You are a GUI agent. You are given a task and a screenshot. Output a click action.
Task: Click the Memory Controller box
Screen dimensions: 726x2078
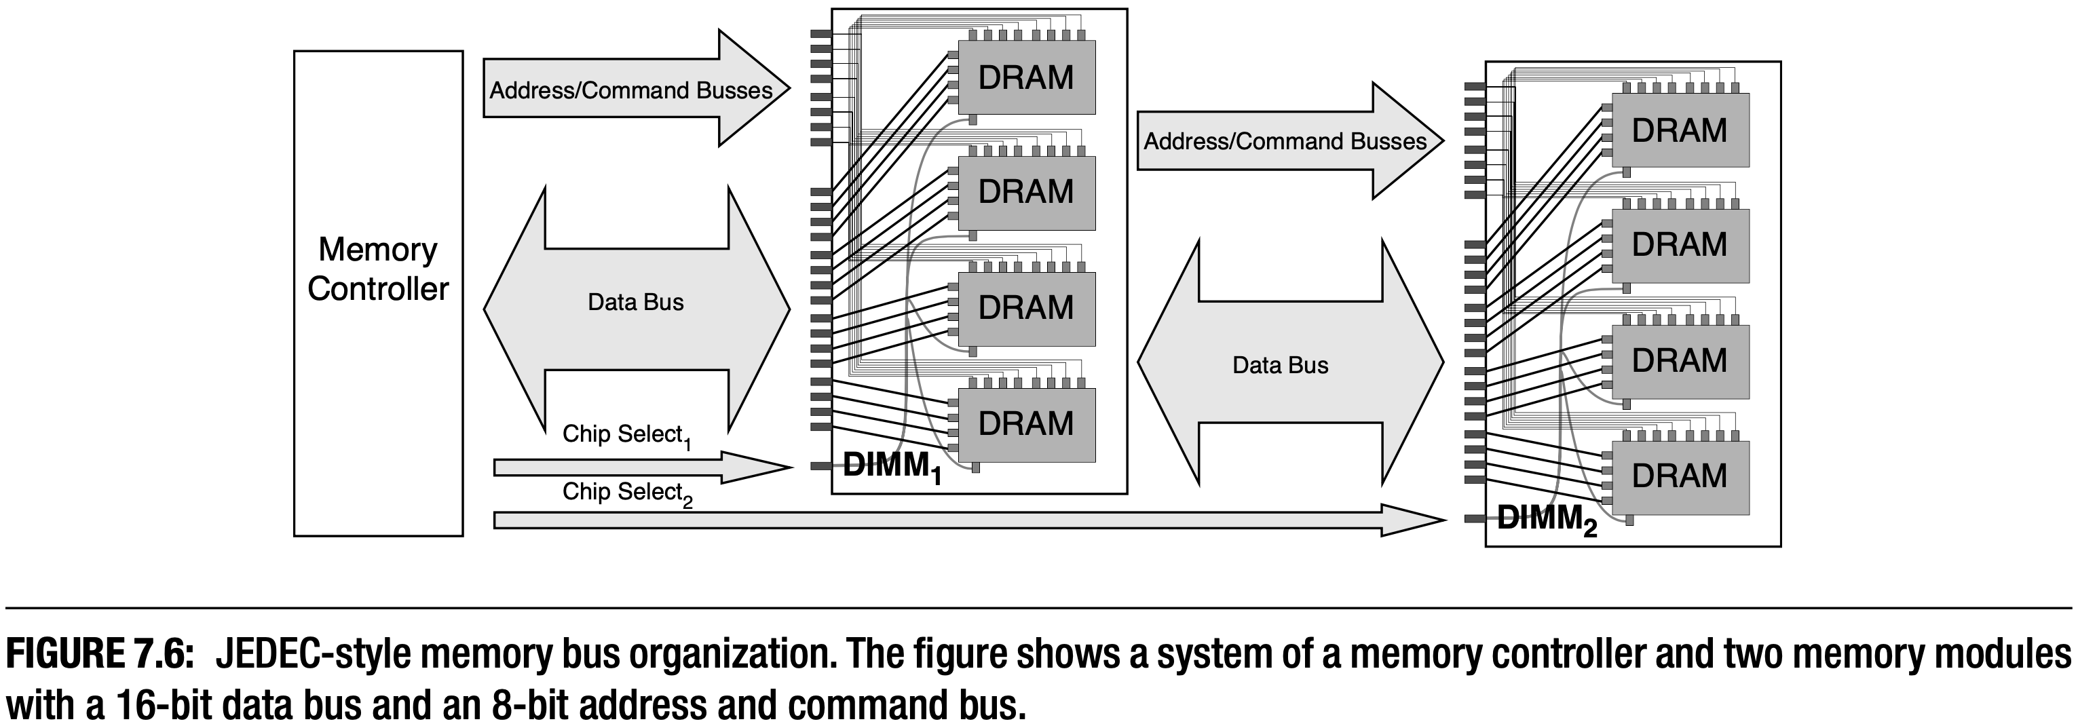coord(377,293)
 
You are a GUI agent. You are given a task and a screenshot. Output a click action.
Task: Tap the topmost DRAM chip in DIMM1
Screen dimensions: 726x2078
coord(1025,77)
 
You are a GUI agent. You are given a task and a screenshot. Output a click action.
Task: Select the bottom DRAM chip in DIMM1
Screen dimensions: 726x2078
coord(1025,424)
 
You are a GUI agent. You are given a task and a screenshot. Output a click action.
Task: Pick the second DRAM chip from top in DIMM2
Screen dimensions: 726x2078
coord(1679,244)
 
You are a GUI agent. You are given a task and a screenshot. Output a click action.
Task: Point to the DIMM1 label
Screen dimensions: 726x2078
coord(891,468)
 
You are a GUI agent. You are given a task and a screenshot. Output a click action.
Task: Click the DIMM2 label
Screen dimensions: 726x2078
coord(1545,520)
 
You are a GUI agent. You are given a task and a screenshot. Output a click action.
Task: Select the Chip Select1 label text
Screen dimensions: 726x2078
coord(626,435)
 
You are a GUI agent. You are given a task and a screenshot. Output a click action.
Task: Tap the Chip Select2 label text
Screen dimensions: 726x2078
coord(627,493)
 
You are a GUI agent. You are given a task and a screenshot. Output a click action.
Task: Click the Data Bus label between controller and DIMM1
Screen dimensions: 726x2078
coord(636,303)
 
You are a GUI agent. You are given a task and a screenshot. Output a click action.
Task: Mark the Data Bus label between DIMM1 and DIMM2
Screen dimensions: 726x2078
coord(1279,366)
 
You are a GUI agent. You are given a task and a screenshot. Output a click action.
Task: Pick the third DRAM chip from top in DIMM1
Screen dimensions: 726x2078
coord(1025,308)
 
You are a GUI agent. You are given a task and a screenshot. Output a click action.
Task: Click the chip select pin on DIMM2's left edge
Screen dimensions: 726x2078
coord(1475,518)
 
